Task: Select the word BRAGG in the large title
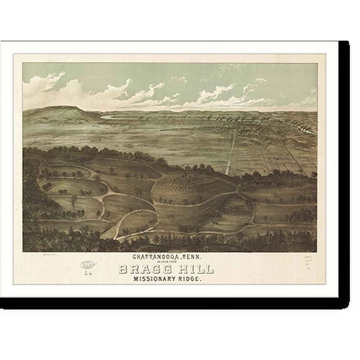tap(141, 269)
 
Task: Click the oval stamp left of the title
tap(89, 264)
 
